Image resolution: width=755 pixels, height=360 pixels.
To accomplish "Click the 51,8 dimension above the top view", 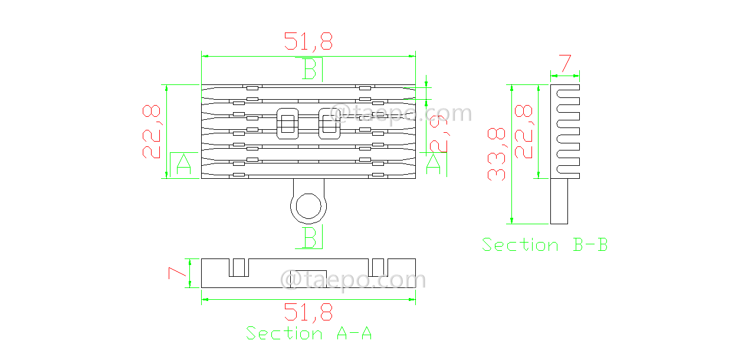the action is pyautogui.click(x=308, y=41).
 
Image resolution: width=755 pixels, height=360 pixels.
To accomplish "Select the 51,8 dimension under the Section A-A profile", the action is pyautogui.click(x=308, y=312).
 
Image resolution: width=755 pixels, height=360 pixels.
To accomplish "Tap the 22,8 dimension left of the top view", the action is pyautogui.click(x=152, y=132).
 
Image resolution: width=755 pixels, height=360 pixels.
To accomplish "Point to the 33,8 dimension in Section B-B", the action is pyautogui.click(x=497, y=154).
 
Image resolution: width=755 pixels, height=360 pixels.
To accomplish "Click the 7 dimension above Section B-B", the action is pyautogui.click(x=565, y=63).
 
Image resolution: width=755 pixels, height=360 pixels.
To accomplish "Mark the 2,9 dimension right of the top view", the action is pyautogui.click(x=439, y=134).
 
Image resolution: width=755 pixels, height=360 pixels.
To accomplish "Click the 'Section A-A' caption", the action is pyautogui.click(x=308, y=333).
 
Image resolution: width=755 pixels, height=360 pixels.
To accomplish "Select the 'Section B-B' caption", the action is pyautogui.click(x=544, y=245).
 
